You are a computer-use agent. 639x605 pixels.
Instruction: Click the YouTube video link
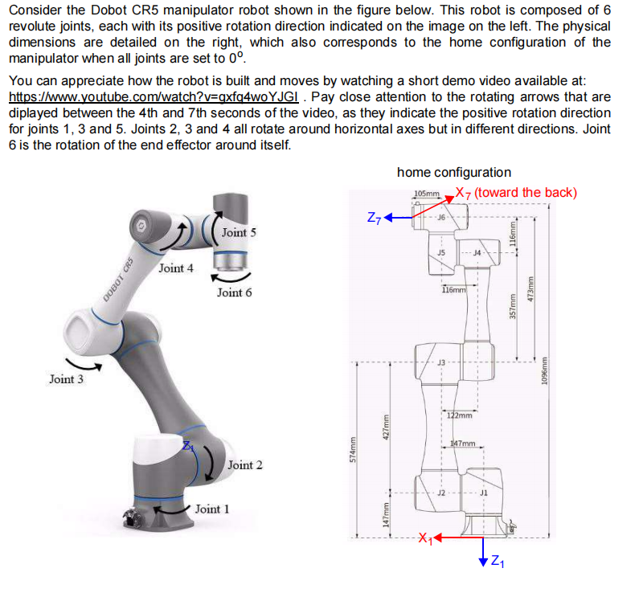click(x=153, y=96)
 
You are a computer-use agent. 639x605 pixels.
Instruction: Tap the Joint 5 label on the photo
click(x=239, y=232)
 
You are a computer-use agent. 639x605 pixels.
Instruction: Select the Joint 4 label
click(x=175, y=268)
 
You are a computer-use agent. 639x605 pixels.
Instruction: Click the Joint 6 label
click(x=234, y=292)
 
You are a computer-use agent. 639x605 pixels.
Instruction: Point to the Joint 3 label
click(x=67, y=378)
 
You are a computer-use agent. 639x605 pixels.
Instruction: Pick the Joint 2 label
click(x=245, y=465)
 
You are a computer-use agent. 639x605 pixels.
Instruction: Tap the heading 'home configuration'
click(x=453, y=172)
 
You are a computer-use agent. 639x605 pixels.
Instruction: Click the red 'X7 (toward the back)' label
click(x=515, y=192)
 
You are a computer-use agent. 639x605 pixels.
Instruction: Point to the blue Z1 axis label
click(x=498, y=560)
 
